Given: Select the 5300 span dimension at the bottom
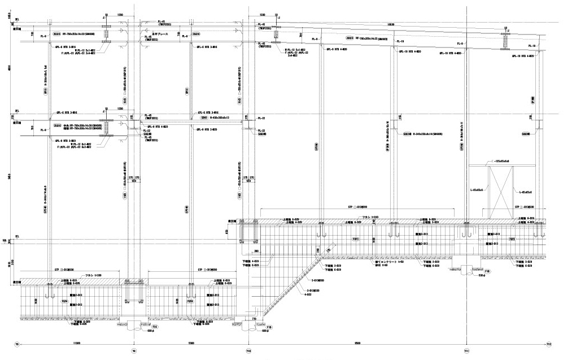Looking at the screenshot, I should coord(191,342).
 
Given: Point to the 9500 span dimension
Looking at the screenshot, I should coord(358,342).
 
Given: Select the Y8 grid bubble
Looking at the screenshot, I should coord(17,343).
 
